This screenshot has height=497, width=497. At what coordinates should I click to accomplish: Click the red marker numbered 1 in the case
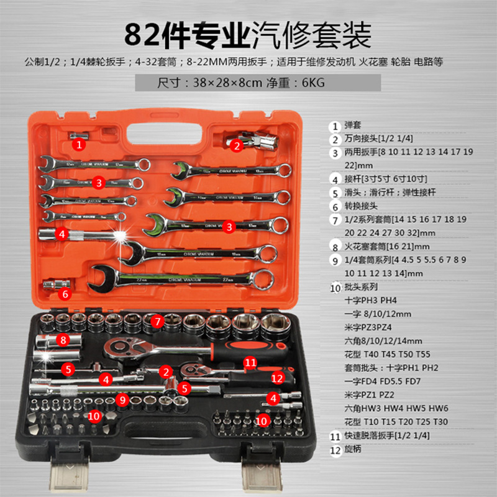[78, 144]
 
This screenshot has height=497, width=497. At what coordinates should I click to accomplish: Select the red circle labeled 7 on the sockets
[158, 321]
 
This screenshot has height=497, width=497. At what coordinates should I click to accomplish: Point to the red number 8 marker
[62, 340]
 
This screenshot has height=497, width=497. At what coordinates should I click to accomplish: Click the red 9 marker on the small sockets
[123, 401]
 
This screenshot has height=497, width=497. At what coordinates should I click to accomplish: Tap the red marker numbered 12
[277, 376]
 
